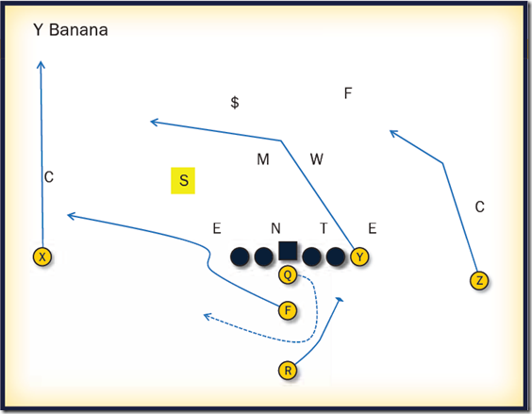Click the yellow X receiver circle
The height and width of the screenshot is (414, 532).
[42, 257]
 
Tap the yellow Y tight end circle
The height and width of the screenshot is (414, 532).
[359, 257]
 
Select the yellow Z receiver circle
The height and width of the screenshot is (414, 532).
[479, 281]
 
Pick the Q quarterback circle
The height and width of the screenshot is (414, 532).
[288, 274]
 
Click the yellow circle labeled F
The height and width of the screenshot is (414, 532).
[288, 310]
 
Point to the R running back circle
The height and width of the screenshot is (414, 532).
[288, 371]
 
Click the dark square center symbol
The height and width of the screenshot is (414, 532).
[288, 251]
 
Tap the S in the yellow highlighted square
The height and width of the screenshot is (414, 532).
[184, 180]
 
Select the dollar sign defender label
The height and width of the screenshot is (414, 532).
[235, 102]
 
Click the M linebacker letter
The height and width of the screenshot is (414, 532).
[263, 159]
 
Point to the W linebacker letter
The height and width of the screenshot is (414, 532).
[317, 158]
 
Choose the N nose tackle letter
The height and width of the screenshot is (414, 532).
[275, 228]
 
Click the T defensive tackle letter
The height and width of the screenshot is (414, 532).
[324, 228]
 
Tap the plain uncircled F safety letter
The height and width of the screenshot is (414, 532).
[348, 93]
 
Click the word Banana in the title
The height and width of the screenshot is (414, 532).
[78, 30]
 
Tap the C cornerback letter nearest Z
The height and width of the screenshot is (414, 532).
[479, 207]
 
